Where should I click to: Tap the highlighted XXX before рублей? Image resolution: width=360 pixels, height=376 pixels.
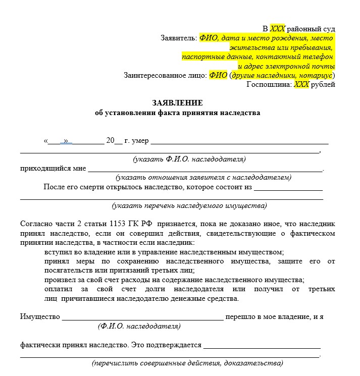click(301, 85)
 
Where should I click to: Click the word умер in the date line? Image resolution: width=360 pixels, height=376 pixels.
click(140, 141)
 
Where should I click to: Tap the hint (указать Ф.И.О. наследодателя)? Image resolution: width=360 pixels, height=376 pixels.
click(189, 159)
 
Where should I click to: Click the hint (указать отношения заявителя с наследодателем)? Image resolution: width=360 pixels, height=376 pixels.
click(203, 178)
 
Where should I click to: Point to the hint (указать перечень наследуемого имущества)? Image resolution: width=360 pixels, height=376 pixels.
click(189, 206)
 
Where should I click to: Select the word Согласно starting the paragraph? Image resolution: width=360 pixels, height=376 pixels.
click(35, 224)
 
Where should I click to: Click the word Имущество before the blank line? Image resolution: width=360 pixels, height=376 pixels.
click(40, 317)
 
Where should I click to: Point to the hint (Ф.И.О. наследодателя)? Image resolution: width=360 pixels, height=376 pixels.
click(139, 327)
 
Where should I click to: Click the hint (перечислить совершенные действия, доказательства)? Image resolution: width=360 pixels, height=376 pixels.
click(187, 363)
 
